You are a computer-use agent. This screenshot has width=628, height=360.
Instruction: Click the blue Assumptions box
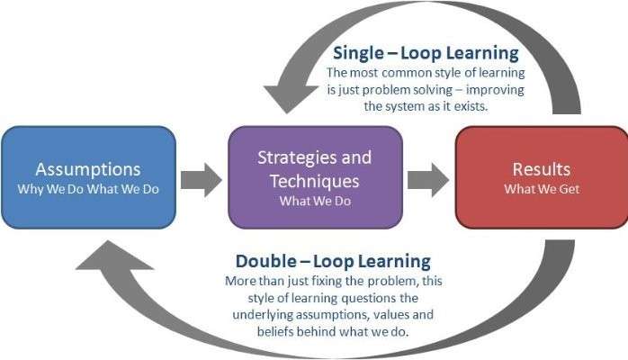(x=88, y=177)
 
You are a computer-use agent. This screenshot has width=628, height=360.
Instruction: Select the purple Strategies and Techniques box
(x=315, y=177)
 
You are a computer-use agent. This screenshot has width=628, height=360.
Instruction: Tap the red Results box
(x=542, y=177)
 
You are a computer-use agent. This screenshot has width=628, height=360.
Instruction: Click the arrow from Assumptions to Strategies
(x=201, y=180)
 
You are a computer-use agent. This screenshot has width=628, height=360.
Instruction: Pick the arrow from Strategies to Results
(x=427, y=180)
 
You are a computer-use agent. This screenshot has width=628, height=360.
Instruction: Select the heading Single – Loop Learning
(x=426, y=53)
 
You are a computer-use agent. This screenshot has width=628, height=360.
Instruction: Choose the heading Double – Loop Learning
(x=333, y=262)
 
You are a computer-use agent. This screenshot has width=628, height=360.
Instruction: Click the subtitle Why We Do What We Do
(x=88, y=189)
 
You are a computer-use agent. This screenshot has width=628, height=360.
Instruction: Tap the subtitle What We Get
(x=542, y=189)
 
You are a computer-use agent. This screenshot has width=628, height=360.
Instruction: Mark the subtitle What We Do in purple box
(x=315, y=201)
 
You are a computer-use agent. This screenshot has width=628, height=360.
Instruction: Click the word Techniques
(x=314, y=182)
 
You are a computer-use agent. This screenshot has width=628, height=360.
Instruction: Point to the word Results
(x=542, y=169)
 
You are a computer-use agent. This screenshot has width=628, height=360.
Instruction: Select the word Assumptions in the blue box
(x=88, y=170)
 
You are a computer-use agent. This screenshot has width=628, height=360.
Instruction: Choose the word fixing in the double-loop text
(x=327, y=282)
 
